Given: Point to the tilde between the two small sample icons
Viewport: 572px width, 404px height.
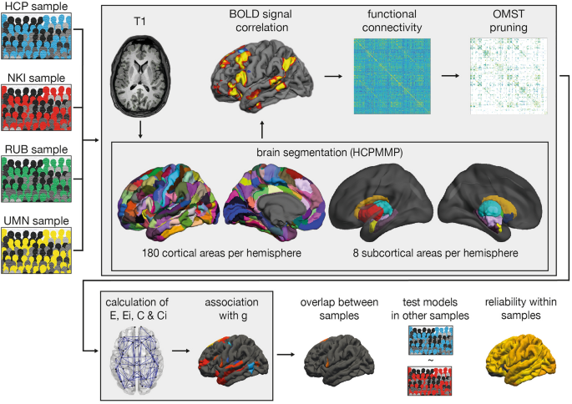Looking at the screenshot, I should pos(431,360).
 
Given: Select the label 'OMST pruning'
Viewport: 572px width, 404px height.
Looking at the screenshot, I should pos(504,26).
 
